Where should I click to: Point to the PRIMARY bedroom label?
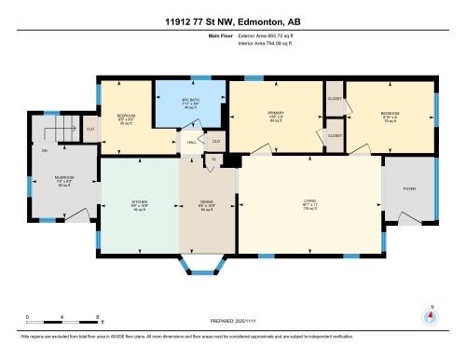[275, 114]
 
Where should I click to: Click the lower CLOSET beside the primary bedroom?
[335, 136]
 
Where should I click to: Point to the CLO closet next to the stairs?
[90, 130]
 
